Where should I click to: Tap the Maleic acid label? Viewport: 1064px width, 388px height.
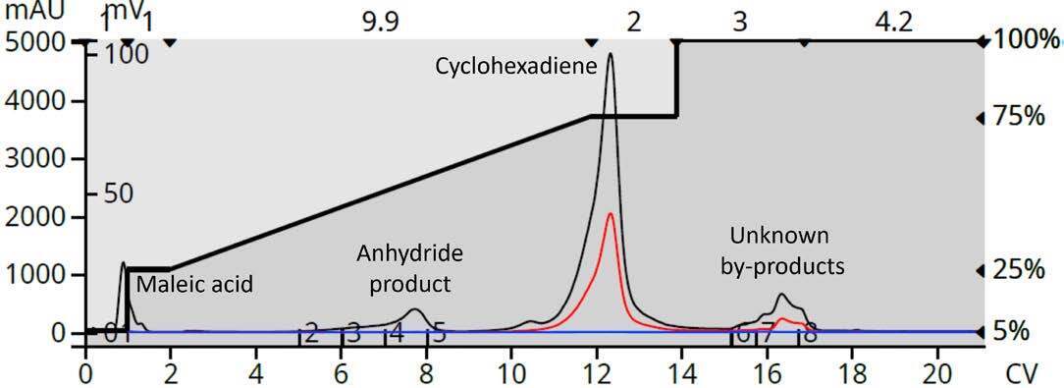click(x=194, y=285)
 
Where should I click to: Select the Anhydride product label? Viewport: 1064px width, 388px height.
click(x=408, y=268)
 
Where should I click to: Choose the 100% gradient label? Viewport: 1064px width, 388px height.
click(x=1025, y=40)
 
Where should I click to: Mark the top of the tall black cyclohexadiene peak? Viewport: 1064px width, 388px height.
click(x=611, y=54)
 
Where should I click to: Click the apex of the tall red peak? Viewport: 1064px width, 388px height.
click(x=611, y=214)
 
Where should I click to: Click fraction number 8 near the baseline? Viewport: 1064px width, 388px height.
click(x=810, y=333)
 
